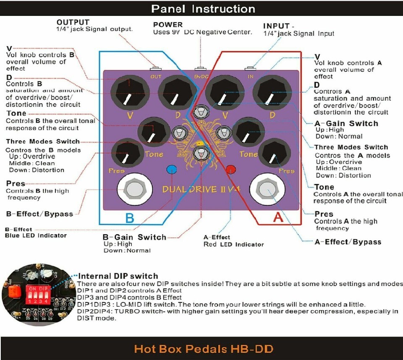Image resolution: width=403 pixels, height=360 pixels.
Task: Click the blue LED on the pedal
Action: click(x=171, y=169)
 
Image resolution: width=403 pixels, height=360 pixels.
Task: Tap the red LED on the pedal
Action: click(x=230, y=170)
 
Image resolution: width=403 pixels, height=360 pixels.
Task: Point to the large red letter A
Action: click(x=278, y=217)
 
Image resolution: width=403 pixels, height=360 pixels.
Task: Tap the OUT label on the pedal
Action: click(x=156, y=76)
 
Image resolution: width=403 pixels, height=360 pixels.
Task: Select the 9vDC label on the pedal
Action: click(x=201, y=76)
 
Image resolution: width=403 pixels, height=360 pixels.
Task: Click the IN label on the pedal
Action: click(x=251, y=76)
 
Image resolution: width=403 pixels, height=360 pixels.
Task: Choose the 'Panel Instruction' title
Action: click(x=203, y=9)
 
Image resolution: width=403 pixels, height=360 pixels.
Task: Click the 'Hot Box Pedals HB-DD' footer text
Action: click(x=204, y=349)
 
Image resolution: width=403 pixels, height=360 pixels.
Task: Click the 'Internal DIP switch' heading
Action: click(x=118, y=276)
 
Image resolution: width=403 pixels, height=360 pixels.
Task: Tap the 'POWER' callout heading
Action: click(x=168, y=25)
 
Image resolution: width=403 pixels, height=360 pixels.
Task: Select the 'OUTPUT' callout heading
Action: click(x=73, y=22)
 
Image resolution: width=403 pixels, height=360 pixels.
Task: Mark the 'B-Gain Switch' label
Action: click(x=134, y=237)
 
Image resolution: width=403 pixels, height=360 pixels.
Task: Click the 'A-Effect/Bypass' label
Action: click(x=348, y=242)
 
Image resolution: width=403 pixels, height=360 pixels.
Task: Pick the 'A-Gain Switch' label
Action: click(x=346, y=123)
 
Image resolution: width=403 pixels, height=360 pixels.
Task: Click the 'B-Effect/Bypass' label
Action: click(x=39, y=214)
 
